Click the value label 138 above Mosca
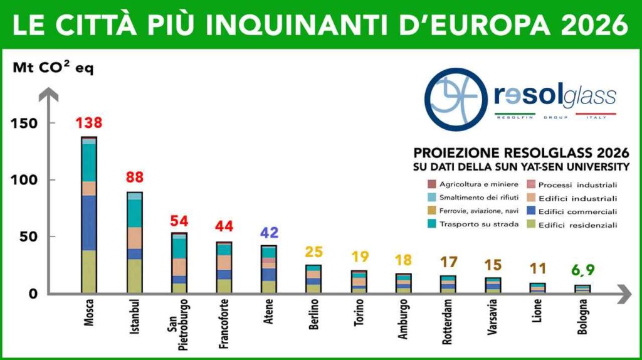pyautogui.click(x=88, y=123)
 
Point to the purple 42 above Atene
pyautogui.click(x=268, y=232)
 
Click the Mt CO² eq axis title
pyautogui.click(x=53, y=68)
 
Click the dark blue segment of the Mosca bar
pyautogui.click(x=88, y=223)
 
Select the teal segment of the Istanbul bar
pyautogui.click(x=134, y=213)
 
